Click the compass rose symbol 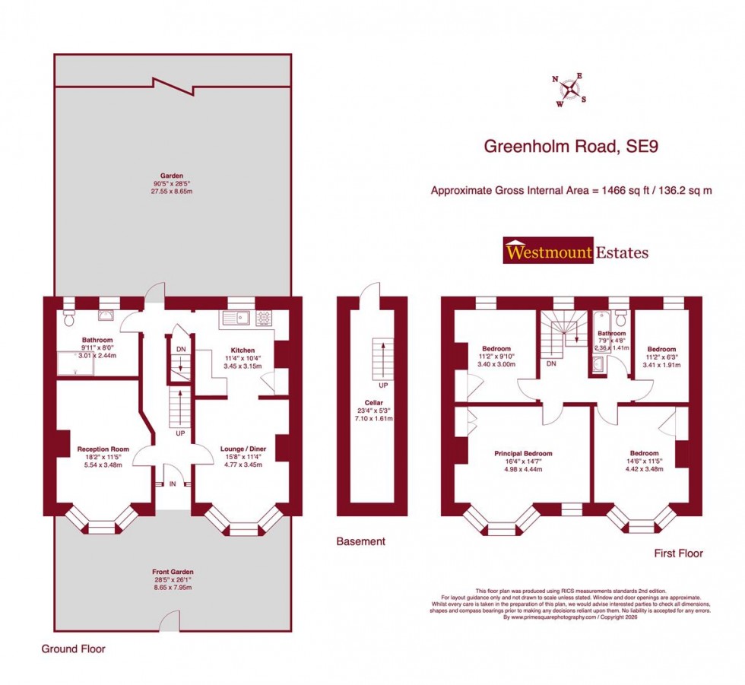(568, 90)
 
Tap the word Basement (361, 541)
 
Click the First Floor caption (678, 553)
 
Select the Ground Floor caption (74, 649)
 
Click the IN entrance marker (172, 484)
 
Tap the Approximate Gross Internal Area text (571, 190)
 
